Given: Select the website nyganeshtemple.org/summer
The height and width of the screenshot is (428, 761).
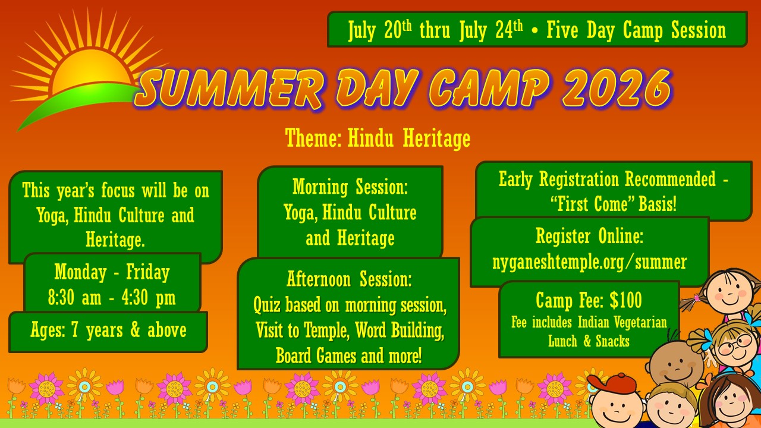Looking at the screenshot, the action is [589, 262].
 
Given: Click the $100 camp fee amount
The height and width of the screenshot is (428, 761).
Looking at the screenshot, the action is [626, 300].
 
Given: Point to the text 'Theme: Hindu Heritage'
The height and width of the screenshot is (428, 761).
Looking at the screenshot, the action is [378, 139].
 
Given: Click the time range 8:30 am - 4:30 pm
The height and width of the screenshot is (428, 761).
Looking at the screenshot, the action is [112, 298].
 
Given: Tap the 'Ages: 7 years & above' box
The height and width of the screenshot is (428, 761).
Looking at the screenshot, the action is [108, 332].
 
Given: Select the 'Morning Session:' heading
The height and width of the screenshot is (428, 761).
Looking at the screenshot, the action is [350, 187].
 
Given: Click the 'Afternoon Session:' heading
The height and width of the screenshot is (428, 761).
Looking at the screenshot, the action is [349, 279].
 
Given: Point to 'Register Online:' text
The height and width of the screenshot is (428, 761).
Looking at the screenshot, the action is [589, 236].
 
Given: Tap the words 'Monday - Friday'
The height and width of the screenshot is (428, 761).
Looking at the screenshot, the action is [112, 272].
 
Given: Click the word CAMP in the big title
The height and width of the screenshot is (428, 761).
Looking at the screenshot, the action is [489, 89].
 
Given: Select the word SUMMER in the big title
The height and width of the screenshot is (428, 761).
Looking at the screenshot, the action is [231, 89].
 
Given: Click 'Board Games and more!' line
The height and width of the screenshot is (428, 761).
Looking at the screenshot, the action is [349, 355].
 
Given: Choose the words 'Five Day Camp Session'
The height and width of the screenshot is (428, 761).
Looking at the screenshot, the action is [636, 30].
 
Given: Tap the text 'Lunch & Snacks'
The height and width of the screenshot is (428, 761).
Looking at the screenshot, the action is [589, 341].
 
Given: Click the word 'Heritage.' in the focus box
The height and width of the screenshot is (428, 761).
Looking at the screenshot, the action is [115, 240].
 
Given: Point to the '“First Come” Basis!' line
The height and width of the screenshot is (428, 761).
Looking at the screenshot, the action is [614, 204].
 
